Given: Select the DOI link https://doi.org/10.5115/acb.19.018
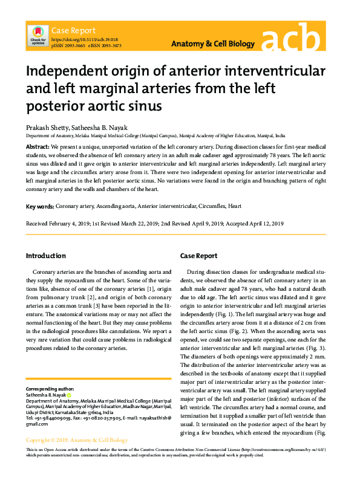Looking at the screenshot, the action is [84, 39].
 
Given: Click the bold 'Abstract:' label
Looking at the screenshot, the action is [38, 147].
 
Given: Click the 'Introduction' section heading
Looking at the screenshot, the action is [46, 256].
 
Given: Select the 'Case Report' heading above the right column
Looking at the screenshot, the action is [198, 256].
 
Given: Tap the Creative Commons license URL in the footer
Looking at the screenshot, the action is [281, 451].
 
